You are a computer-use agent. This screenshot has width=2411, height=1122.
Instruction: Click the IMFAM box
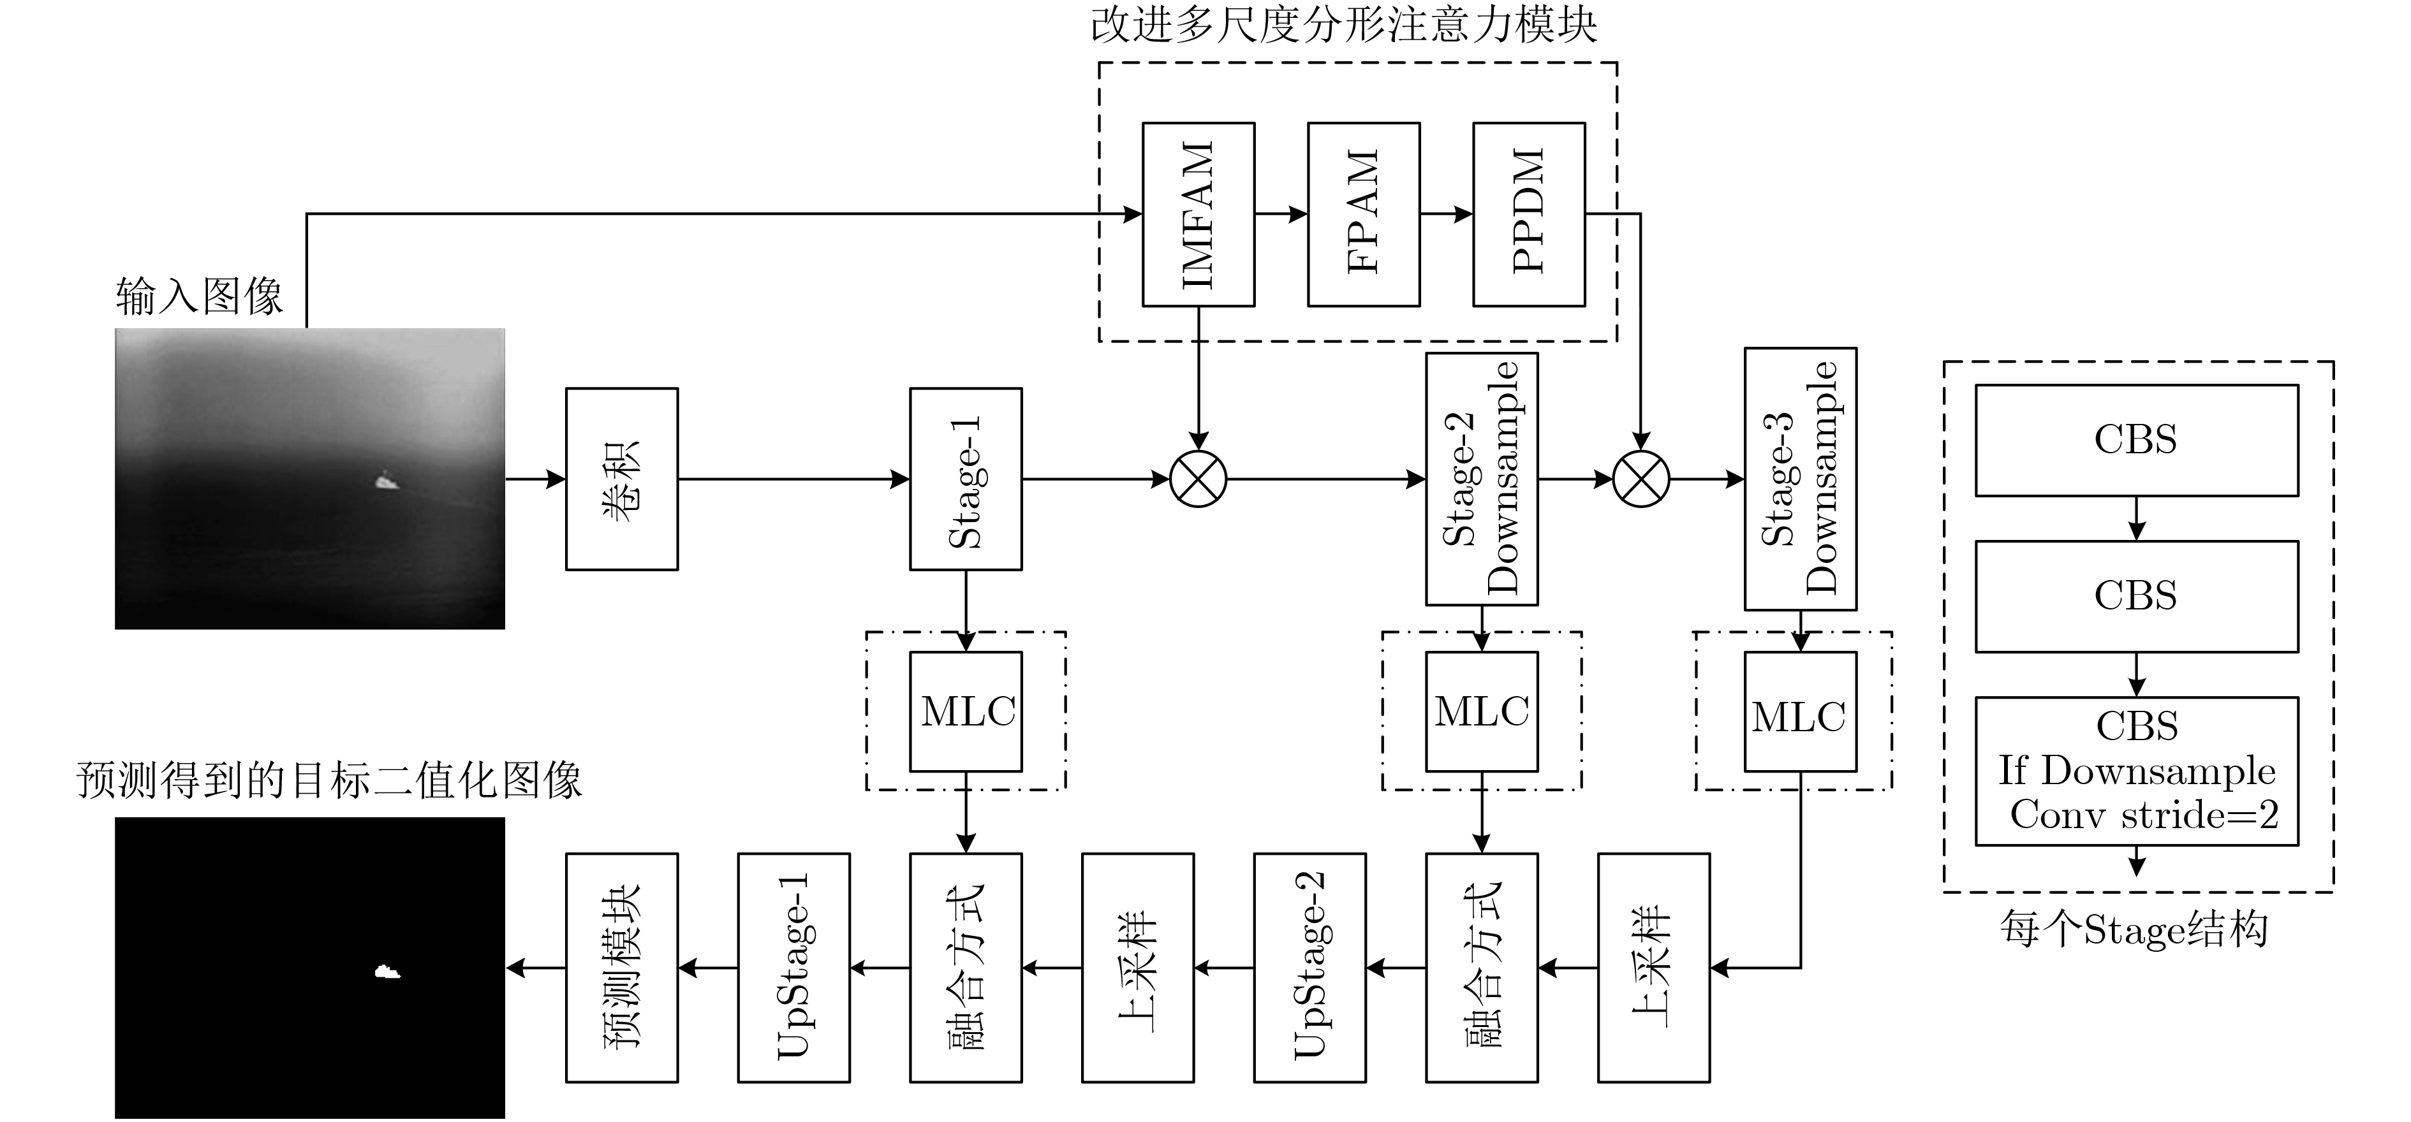[1198, 214]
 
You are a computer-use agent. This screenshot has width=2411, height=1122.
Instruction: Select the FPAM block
[1364, 214]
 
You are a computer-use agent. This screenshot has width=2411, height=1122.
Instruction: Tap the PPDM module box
[1530, 214]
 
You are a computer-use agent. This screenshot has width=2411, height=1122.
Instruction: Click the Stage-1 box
[966, 479]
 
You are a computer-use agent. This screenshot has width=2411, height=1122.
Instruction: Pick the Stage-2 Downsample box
[1482, 479]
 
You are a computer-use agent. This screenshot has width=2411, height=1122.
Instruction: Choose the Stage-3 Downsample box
[1801, 479]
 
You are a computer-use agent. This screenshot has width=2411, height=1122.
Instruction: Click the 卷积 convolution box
[621, 479]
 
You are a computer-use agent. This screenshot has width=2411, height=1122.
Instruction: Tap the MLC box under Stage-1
[966, 711]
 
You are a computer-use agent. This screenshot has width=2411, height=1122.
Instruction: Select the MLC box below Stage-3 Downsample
[1801, 711]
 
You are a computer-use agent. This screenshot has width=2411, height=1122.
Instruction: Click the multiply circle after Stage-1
[1198, 479]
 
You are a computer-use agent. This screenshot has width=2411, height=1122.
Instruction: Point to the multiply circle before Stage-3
[1641, 479]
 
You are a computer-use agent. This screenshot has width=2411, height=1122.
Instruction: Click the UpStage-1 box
[793, 968]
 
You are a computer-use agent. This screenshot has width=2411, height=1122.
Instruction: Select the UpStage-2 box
[1309, 968]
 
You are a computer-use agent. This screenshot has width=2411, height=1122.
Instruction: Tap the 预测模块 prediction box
[621, 968]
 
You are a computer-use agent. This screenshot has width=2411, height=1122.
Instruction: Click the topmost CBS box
[2137, 440]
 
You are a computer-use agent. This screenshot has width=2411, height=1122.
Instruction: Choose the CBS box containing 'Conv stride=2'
[2137, 771]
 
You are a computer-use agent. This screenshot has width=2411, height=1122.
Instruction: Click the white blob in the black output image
[387, 972]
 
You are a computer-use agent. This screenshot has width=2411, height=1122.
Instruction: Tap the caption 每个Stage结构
[2135, 930]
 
